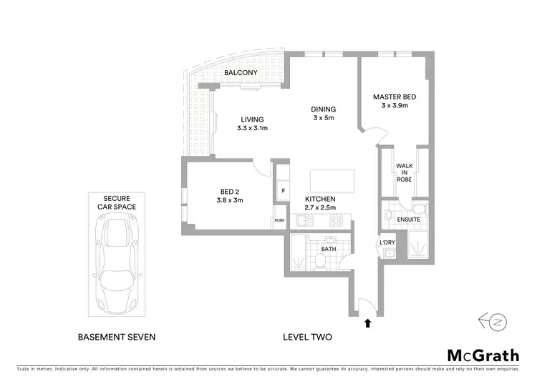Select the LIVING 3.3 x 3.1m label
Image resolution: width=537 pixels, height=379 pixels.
252,124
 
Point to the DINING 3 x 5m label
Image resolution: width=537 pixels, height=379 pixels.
323,114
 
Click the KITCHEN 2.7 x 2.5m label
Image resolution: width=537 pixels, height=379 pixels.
320,202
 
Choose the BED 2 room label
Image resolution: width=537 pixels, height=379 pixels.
231,195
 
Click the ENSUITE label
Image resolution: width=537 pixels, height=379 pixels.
408,219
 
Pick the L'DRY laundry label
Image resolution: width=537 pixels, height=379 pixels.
387,243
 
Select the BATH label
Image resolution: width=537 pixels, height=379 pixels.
328,249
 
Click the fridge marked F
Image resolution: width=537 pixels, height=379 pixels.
284,191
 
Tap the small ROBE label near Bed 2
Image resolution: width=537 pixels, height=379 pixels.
279,221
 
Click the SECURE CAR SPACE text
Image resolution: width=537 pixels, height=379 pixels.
120,202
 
